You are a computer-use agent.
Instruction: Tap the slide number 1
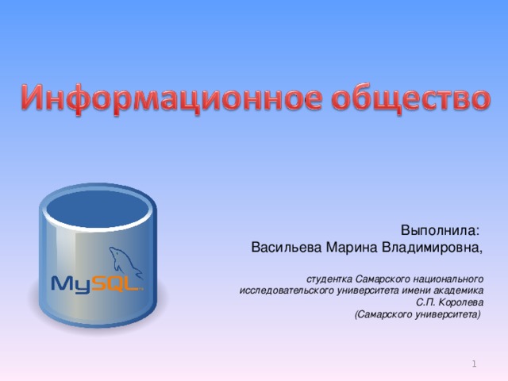[474, 363]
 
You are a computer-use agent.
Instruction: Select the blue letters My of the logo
[71, 283]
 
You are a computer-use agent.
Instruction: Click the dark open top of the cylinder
[98, 208]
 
